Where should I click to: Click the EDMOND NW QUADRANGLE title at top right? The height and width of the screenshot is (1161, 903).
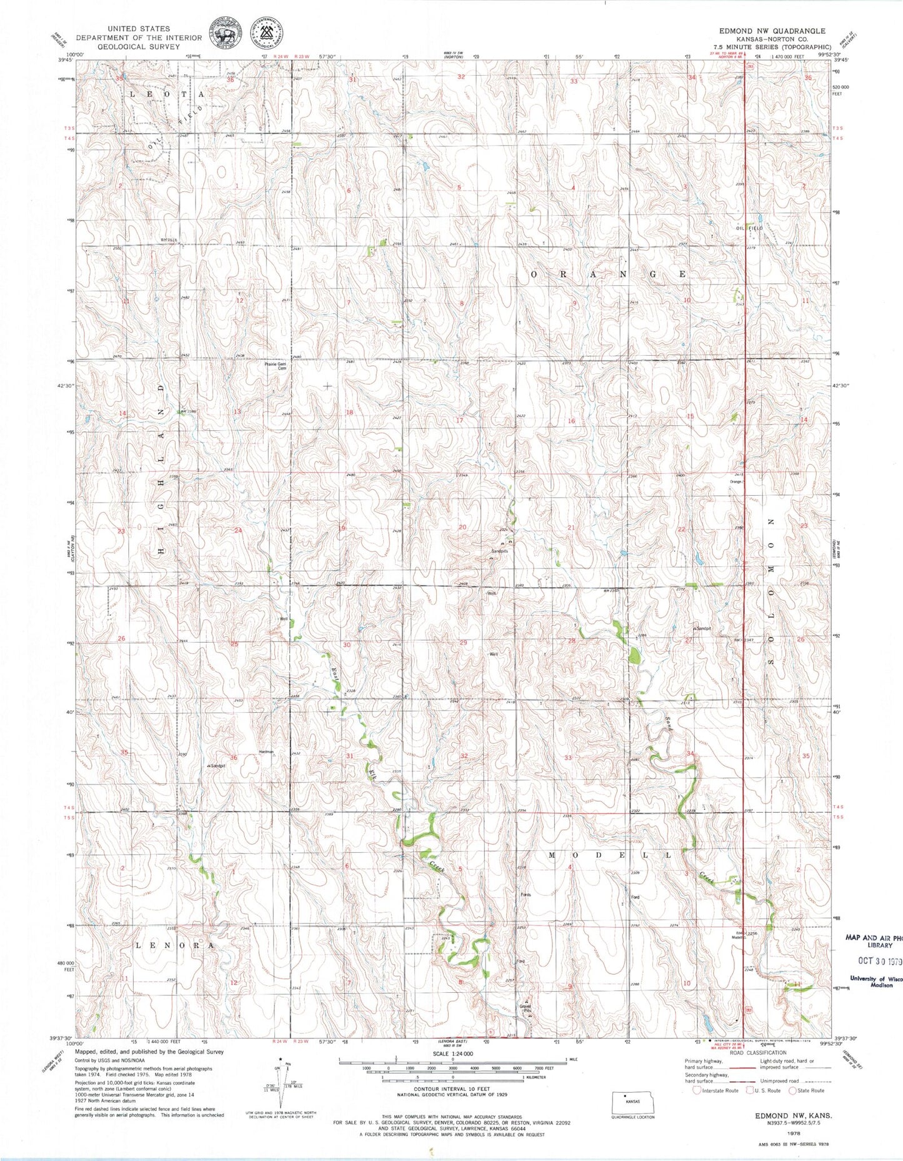coord(772,31)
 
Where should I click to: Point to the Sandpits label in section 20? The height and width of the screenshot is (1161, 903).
coord(499,551)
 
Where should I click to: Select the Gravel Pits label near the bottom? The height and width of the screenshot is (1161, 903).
coord(526,1008)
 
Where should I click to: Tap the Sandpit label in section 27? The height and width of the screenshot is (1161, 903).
coord(702,628)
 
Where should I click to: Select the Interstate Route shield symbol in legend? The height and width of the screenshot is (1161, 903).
coord(697,1090)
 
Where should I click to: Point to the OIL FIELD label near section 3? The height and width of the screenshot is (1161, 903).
coord(749,229)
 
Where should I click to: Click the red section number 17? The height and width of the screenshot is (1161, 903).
coord(459,420)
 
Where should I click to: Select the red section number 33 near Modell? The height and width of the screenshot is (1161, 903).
coord(568,758)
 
